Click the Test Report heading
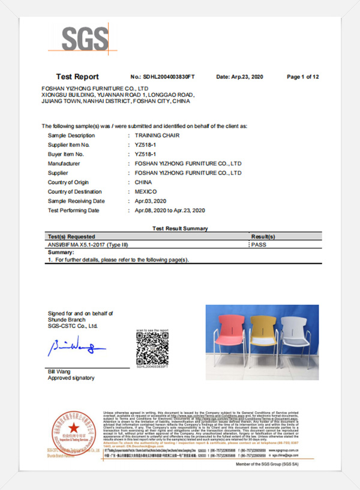pyautogui.click(x=77, y=77)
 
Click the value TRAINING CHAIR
pyautogui.click(x=157, y=136)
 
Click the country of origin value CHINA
pyautogui.click(x=143, y=182)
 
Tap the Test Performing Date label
pyautogui.click(x=73, y=210)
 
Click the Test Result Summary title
pyautogui.click(x=180, y=229)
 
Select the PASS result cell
pyautogui.click(x=258, y=245)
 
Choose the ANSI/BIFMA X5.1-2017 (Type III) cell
pyautogui.click(x=88, y=245)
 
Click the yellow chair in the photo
pyautogui.click(x=261, y=339)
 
